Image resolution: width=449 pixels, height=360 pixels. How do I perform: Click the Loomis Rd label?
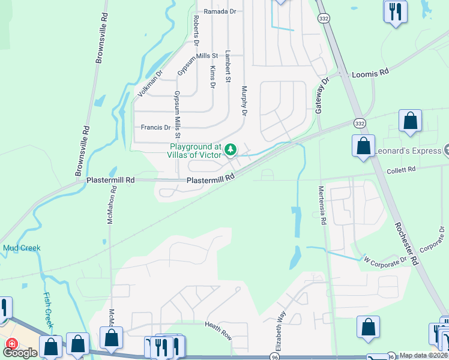click(370, 72)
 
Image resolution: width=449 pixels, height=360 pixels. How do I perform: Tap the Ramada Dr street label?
click(221, 11)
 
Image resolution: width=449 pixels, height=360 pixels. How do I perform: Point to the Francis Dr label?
click(155, 127)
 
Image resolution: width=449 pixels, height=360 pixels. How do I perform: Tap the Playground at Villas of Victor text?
click(196, 150)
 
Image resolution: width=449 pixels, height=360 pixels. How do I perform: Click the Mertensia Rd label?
click(323, 205)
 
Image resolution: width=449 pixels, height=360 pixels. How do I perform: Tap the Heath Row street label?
click(218, 331)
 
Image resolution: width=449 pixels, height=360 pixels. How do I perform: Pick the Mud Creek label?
click(22, 247)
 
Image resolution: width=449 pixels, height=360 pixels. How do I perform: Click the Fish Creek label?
click(48, 311)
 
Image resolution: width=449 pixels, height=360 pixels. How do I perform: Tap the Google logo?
click(20, 353)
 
